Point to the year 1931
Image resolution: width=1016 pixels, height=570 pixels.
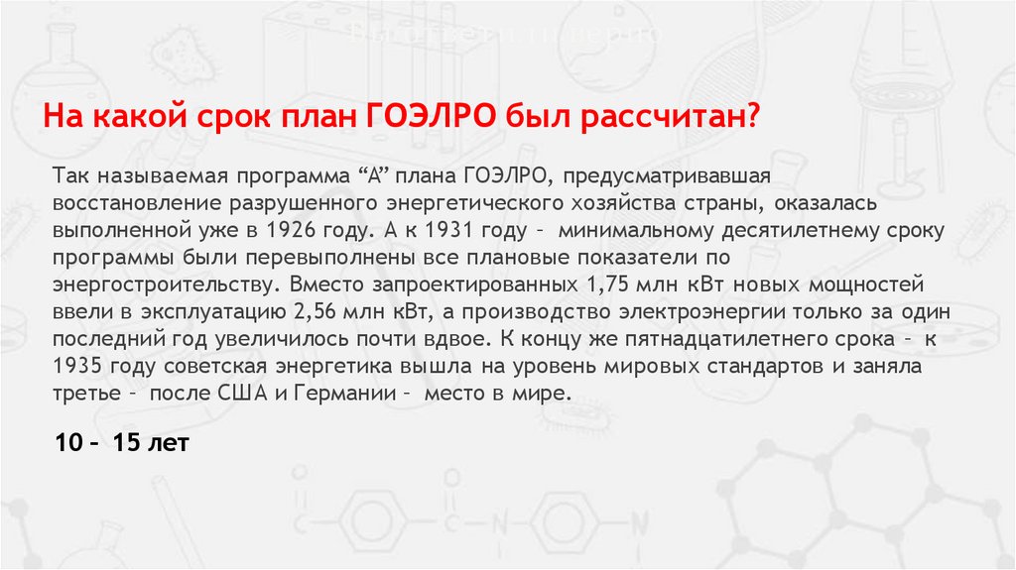coord(449,230)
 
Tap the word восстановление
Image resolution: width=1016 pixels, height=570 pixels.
coord(123,203)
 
